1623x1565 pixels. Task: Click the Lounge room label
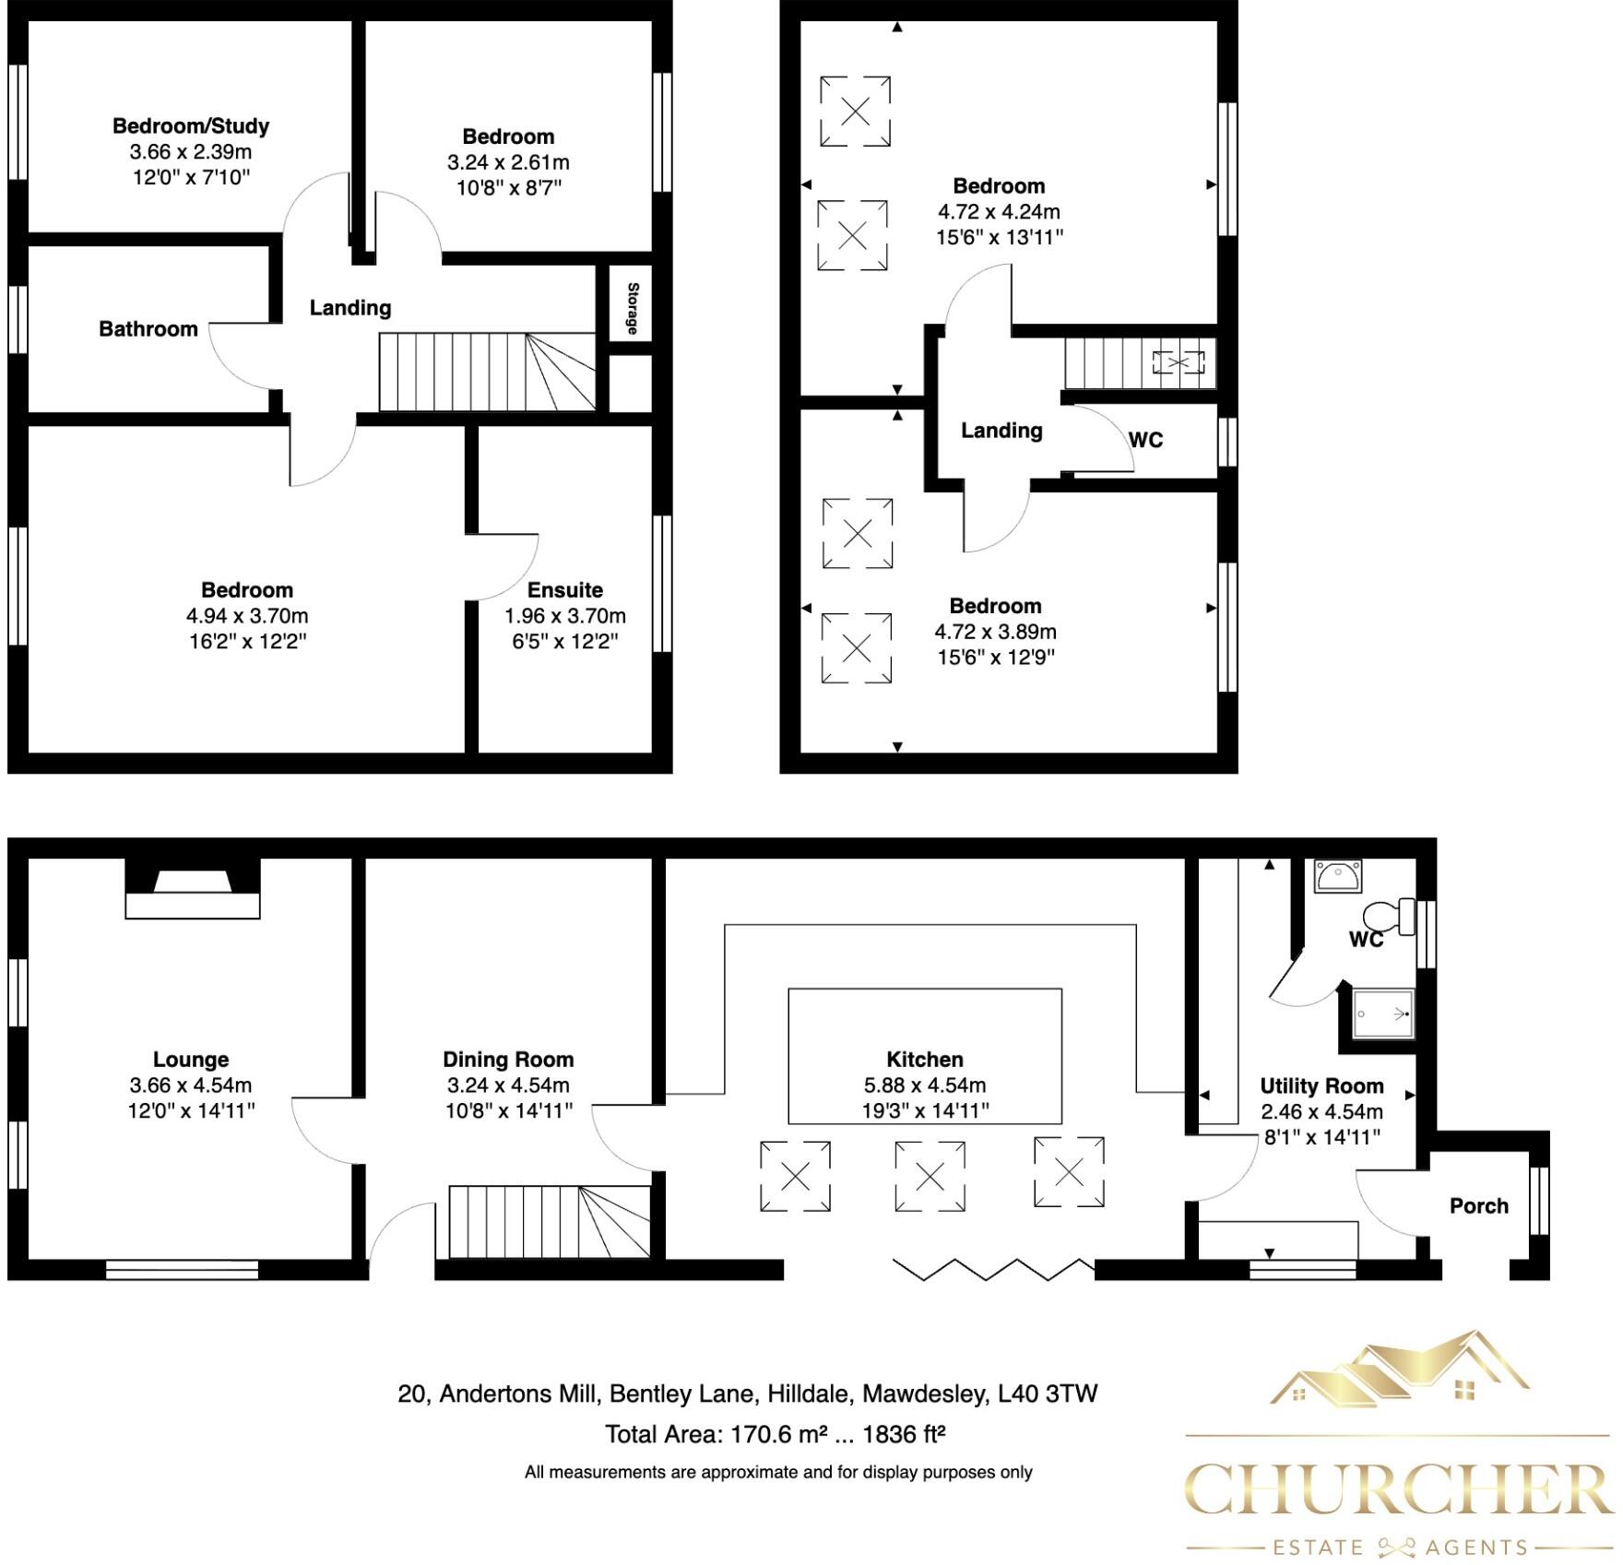[x=191, y=1060]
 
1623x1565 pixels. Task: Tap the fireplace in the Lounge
[x=193, y=888]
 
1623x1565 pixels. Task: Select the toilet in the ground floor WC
[x=1389, y=916]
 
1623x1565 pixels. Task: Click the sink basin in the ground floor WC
[x=1336, y=876]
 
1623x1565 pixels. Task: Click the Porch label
[x=1478, y=1206]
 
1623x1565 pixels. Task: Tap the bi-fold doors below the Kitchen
[x=994, y=1269]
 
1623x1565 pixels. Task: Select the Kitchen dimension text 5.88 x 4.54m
[x=924, y=1085]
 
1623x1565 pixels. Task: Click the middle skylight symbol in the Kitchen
[x=930, y=1176]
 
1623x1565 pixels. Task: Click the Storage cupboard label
[x=633, y=309]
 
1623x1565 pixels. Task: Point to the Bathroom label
[x=148, y=329]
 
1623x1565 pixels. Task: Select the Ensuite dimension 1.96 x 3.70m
[x=564, y=616]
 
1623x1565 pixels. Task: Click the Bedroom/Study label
[x=191, y=125]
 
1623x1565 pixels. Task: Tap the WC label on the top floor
[x=1145, y=440]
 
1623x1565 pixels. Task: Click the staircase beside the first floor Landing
[x=486, y=372]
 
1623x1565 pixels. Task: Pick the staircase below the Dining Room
[x=549, y=1222]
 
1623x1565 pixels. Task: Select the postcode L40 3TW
[x=1048, y=1393]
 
